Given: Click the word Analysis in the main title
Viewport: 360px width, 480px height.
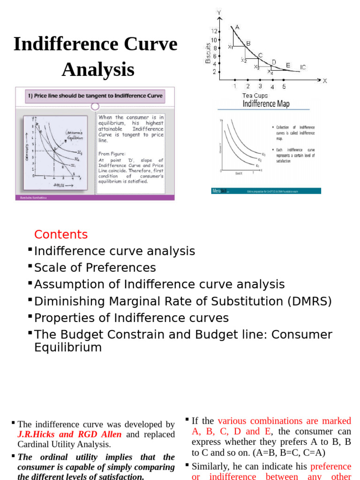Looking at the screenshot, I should click(98, 70).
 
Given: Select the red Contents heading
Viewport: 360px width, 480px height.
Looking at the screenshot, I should click(61, 234).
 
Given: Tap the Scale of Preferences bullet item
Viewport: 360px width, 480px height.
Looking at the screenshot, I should click(95, 268).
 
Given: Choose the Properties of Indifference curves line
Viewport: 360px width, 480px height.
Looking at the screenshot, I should click(131, 318).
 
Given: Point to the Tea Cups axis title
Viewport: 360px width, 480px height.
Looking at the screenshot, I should click(255, 96).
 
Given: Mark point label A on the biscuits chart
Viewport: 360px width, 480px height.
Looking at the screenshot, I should click(237, 27).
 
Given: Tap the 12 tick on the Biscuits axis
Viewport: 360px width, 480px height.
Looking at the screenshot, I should click(214, 31).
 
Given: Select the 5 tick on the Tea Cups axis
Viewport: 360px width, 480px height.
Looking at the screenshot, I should click(284, 86).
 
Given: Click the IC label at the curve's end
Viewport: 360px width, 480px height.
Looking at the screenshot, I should click(303, 67).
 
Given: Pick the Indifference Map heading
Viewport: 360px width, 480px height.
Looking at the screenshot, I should click(266, 104).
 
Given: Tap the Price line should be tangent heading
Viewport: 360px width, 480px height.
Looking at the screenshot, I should click(95, 96).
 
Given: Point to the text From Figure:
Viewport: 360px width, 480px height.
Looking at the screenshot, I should click(112, 153).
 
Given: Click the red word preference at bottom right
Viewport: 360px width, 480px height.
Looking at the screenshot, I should click(330, 466).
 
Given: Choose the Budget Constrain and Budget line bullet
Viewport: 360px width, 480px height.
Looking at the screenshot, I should click(183, 335).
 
